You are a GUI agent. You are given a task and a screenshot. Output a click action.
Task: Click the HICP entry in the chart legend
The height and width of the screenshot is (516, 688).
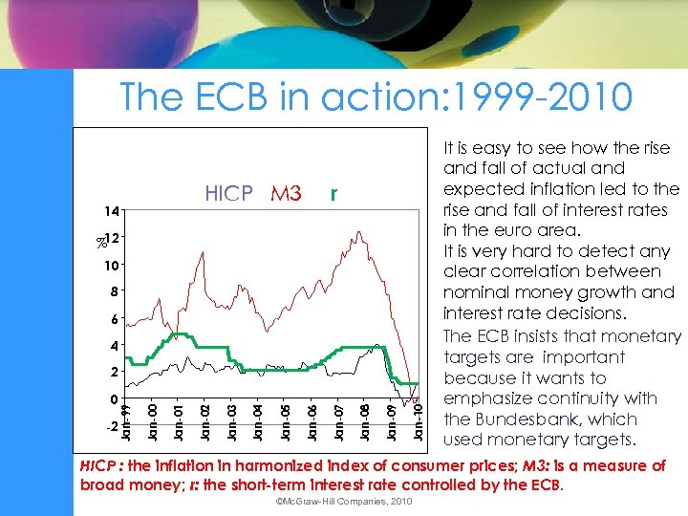coord(228,194)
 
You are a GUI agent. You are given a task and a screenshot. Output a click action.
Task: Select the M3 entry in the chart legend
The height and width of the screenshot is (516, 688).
coord(286,194)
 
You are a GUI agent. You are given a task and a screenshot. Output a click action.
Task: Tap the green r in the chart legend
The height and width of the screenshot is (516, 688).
coord(333,194)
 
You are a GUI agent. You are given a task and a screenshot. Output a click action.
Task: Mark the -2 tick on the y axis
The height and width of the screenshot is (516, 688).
coord(110,425)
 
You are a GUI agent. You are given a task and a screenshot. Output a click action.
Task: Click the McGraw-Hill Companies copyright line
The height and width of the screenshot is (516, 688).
coord(343,502)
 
